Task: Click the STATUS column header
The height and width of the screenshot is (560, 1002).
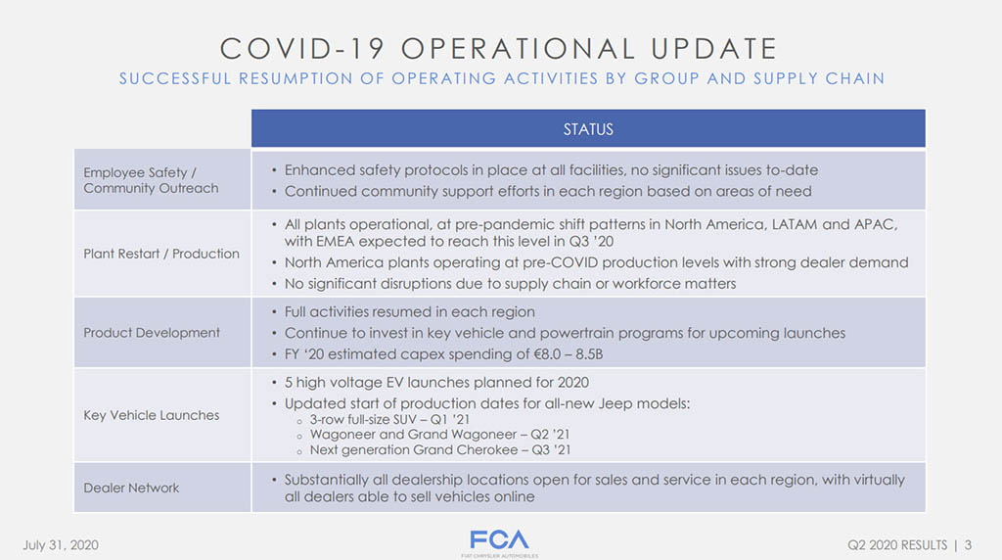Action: (588, 129)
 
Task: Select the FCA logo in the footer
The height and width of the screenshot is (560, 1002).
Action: (500, 542)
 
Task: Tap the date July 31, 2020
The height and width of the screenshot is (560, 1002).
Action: (61, 545)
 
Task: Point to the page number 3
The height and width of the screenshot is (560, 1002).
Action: (968, 545)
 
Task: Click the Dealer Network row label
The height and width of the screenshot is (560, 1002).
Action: (131, 488)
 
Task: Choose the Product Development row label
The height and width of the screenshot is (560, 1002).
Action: (152, 333)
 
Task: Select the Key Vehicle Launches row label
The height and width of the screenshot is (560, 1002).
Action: (151, 415)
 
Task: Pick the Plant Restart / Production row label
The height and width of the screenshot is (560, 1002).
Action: (161, 254)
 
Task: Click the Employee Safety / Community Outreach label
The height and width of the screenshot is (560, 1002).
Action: (151, 180)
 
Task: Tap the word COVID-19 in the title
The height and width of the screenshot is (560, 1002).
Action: (302, 49)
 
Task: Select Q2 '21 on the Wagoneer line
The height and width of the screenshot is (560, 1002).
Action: (550, 434)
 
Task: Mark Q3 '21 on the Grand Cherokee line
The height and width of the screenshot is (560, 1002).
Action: (552, 449)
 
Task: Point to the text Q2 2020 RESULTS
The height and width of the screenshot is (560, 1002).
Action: (897, 545)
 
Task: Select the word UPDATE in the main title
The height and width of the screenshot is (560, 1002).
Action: (713, 49)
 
